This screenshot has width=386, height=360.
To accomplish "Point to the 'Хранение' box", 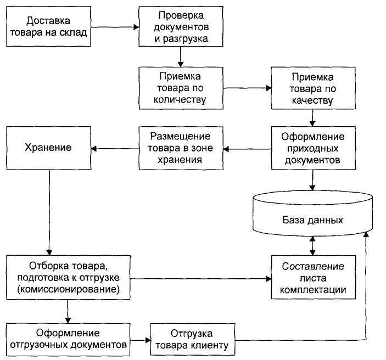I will pyautogui.click(x=48, y=148).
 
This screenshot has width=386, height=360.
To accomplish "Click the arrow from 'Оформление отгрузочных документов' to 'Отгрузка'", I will pyautogui.click(x=141, y=340).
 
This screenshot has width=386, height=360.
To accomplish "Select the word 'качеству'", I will pyautogui.click(x=312, y=101).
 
